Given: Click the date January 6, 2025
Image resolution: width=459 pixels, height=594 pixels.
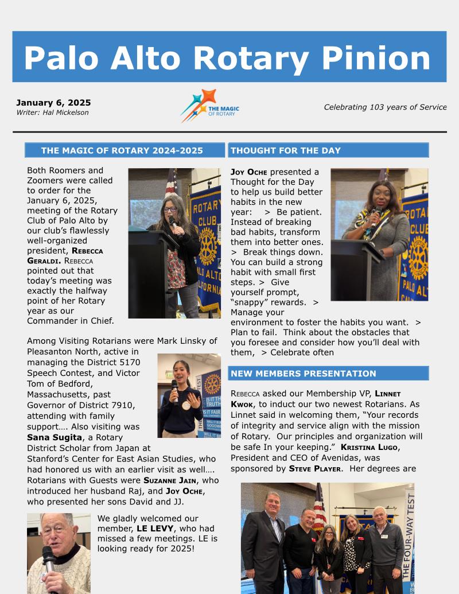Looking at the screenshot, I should (53, 103).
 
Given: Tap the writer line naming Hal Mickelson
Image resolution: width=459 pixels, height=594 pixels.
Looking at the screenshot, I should (52, 112).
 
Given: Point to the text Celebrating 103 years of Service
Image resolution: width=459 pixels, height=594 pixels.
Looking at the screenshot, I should (385, 107).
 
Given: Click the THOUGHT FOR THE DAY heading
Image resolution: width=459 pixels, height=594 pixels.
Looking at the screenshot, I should (286, 151).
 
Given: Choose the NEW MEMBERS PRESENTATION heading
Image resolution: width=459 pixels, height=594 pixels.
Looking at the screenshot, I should (304, 374).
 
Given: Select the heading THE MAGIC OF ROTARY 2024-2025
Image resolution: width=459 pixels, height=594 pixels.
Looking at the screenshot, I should (122, 151).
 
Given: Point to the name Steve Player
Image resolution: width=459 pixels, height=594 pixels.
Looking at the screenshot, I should (315, 468).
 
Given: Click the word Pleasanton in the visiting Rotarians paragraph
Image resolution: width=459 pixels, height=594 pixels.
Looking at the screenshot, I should (53, 351).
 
